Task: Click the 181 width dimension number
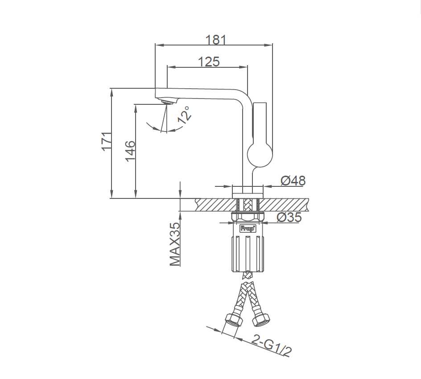pos(216,40)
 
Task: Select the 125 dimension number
pos(209,62)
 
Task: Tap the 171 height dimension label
pos(107,142)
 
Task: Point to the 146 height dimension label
pos(131,151)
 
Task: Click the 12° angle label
pos(185,115)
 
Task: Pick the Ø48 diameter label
pos(293,181)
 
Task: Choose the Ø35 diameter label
pos(289,217)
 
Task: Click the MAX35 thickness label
pos(175,244)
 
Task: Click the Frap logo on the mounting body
pos(248,229)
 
